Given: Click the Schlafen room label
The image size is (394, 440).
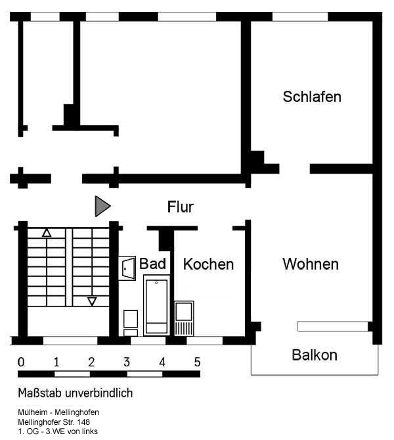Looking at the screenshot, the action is tap(312, 97).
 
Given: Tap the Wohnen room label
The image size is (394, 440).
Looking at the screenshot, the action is tap(311, 264).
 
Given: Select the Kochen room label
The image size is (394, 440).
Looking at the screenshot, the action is tap(208, 264).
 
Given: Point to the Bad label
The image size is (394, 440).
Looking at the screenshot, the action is tap(152, 264).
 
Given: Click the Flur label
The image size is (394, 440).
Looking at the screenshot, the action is tap(181, 207).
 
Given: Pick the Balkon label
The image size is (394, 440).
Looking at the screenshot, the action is tap(315, 355).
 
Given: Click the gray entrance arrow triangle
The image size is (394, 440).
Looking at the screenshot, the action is tap(102, 207).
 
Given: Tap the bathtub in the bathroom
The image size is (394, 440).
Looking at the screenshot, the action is tap(157, 305).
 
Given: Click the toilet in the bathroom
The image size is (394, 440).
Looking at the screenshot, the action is tap(131, 323).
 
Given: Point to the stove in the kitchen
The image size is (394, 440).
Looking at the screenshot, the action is tap(184, 318).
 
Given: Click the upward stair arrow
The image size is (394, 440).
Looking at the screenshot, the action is tap(47, 233).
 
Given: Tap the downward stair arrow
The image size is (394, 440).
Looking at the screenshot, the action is tap(92, 301).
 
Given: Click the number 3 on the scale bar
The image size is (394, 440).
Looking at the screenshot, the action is tap(127, 362).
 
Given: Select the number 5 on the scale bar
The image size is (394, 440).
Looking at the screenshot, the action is tap(197, 362).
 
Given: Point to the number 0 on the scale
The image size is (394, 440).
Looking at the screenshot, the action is tap(21, 362).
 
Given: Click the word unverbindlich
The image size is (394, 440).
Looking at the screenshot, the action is tap(99, 393).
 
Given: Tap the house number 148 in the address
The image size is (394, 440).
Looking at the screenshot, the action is tap(83, 422).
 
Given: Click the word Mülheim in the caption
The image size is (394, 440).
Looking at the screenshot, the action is tap(33, 412).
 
